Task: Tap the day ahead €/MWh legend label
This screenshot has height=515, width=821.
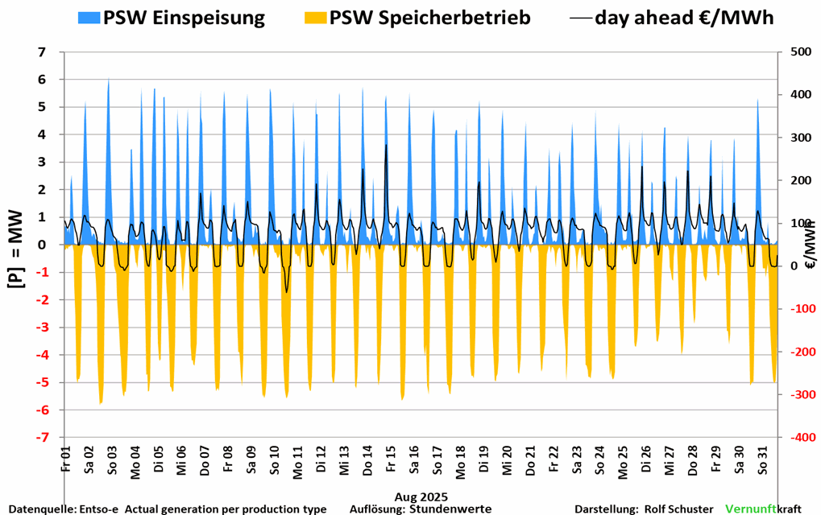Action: coord(684,18)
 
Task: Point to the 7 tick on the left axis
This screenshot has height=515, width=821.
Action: coord(41,52)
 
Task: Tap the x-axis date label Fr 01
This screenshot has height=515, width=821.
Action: coord(67,462)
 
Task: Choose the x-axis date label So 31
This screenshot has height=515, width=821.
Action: coord(760,462)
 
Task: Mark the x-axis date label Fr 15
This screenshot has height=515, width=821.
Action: coord(391,462)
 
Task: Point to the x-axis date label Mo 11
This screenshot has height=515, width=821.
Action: coord(298,462)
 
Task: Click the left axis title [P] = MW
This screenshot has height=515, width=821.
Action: coord(15,245)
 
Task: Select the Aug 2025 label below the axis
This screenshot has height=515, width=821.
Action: coord(421,496)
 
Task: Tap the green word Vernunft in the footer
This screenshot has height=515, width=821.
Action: coord(751,509)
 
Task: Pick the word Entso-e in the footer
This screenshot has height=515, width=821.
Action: coord(99,509)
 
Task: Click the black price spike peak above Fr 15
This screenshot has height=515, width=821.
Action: coord(387,145)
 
